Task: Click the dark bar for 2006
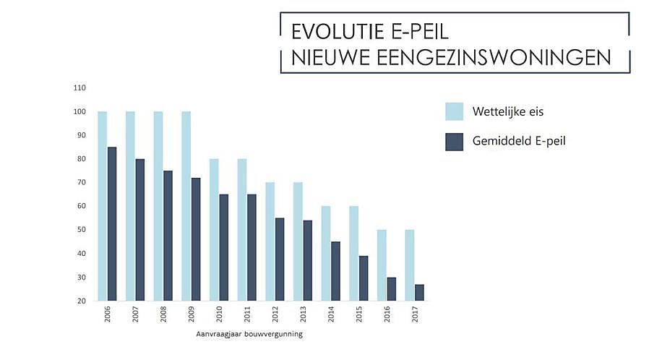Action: (x=112, y=223)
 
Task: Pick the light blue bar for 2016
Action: (x=382, y=265)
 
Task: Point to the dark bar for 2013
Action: (x=307, y=260)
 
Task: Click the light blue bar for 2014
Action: (x=326, y=253)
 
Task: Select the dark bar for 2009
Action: (x=196, y=239)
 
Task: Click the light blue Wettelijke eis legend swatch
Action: (x=454, y=111)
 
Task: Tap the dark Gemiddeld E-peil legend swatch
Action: (x=454, y=141)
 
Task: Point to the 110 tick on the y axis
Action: (x=79, y=88)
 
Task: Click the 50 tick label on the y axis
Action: (x=82, y=230)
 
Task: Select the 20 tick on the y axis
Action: (x=82, y=301)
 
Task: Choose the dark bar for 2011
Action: (x=252, y=247)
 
